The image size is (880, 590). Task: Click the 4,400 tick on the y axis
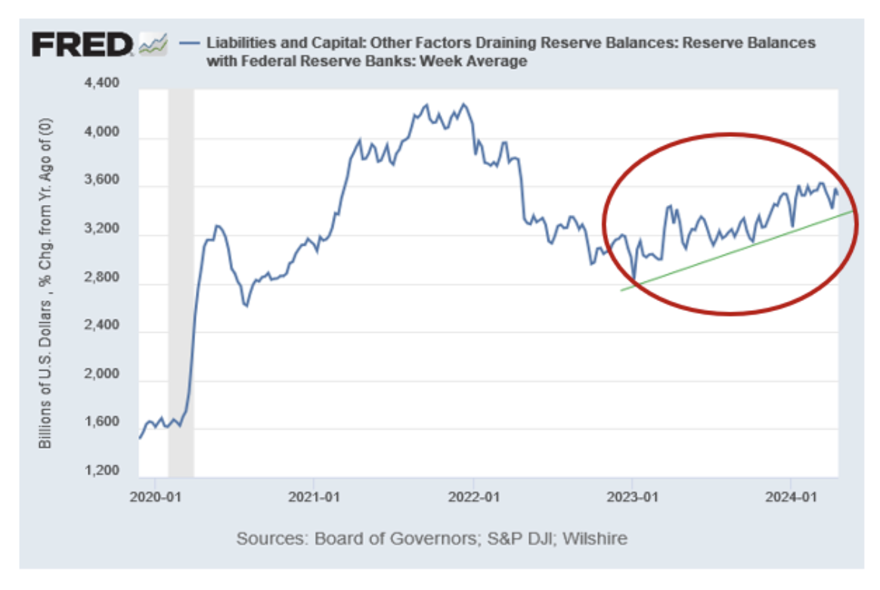(x=103, y=84)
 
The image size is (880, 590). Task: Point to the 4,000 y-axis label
(x=103, y=132)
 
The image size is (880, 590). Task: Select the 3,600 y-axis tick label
(x=103, y=181)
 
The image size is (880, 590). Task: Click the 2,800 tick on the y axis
(x=103, y=278)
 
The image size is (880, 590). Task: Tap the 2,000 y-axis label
(x=103, y=374)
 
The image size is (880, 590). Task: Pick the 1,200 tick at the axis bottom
(x=103, y=471)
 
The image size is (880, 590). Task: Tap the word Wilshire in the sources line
(x=596, y=539)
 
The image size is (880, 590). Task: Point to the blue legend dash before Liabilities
(x=189, y=42)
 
